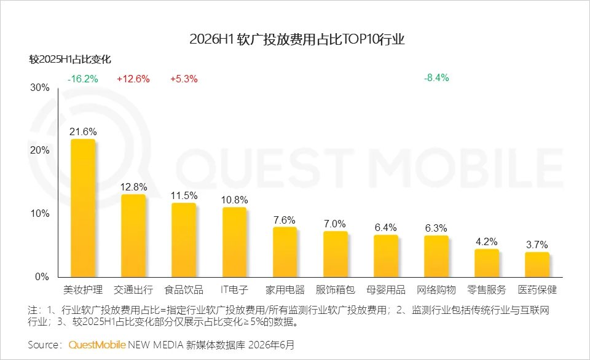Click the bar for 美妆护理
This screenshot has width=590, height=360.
pos(83,208)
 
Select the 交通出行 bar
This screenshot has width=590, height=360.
pos(133,236)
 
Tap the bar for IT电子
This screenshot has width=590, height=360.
pos(234,242)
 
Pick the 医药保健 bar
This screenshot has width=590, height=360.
pos(537,265)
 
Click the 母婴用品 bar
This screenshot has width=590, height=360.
pos(386,256)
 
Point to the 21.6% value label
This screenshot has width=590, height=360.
pos(83,131)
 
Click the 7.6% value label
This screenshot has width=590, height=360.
pos(285,220)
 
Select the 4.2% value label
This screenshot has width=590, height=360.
pos(487,241)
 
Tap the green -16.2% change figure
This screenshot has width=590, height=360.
pos(83,79)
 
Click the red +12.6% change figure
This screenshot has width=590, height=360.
pos(133,79)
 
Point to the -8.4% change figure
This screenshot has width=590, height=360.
pos(436,78)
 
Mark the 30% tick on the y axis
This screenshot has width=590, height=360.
pos(40,88)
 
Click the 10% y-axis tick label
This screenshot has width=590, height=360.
pos(40,214)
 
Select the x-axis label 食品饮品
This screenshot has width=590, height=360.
pos(184,289)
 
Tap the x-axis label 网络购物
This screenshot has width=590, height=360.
pos(436,289)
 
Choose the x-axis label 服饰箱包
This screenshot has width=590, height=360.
pos(336,289)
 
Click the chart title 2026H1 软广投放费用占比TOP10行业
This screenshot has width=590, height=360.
pos(297,39)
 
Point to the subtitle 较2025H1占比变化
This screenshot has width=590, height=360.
pos(70,60)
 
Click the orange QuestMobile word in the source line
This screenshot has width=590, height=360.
pos(96,345)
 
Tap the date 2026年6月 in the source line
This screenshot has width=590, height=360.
pos(271,345)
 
